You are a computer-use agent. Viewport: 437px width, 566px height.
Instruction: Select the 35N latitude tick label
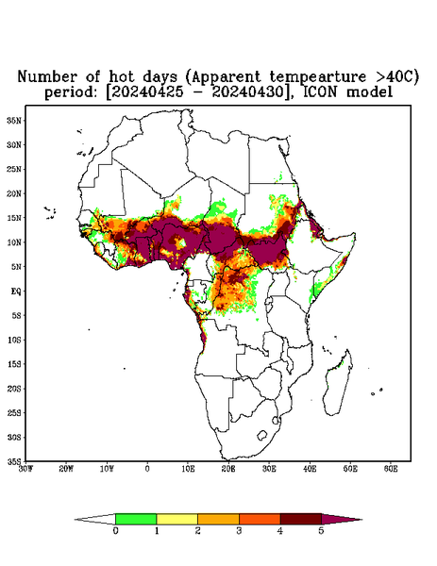[x=14, y=120]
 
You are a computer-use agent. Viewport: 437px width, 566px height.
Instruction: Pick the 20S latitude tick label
[x=14, y=389]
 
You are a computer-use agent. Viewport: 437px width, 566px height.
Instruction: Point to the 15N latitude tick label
[x=14, y=218]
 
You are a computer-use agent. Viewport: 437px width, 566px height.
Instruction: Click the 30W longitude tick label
[x=25, y=469]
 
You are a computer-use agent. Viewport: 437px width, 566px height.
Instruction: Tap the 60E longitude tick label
[x=391, y=469]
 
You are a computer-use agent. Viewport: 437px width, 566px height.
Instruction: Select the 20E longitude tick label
[x=228, y=469]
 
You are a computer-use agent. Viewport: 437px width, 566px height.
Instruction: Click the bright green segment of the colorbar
[x=136, y=519]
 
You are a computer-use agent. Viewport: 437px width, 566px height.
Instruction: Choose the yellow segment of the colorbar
[x=176, y=519]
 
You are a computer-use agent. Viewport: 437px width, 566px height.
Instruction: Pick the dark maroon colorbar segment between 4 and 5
[x=301, y=519]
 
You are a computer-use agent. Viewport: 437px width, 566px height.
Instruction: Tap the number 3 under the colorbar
[x=239, y=531]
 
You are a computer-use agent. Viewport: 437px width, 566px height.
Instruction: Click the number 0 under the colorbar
[x=115, y=531]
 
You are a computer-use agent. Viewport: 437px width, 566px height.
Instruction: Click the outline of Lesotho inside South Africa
[x=262, y=435]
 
